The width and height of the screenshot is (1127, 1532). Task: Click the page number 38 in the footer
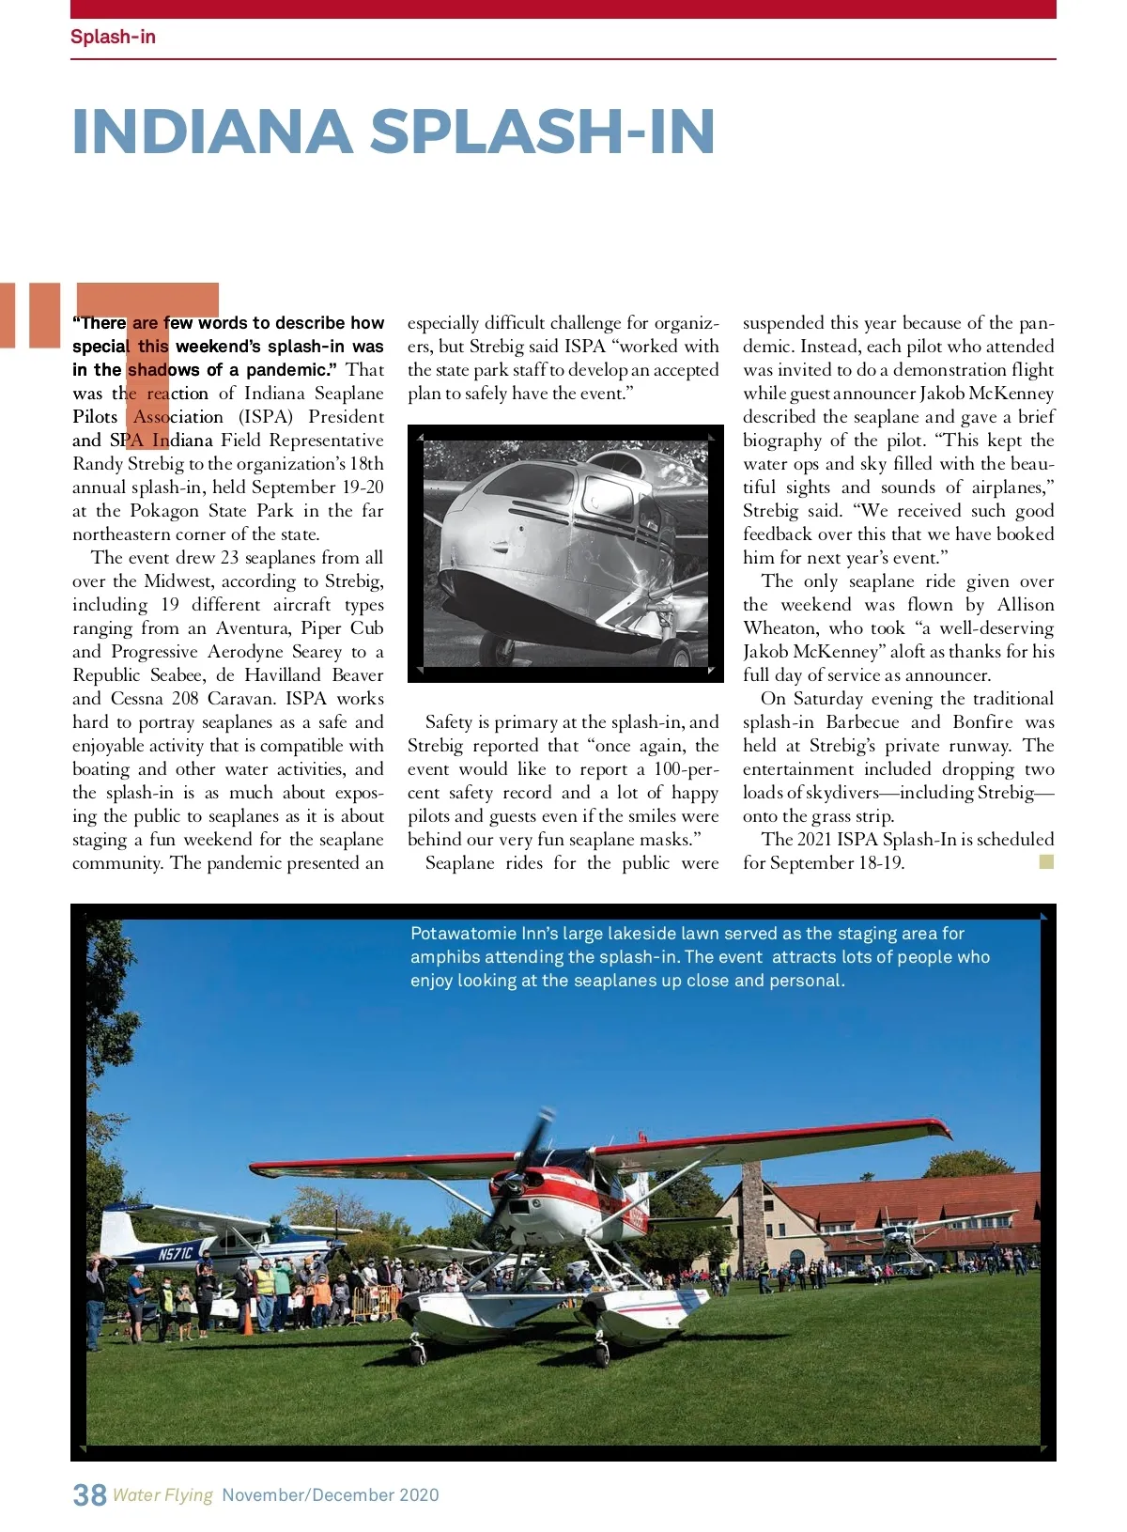coord(89,1494)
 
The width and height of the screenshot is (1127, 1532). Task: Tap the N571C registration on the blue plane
coord(175,1254)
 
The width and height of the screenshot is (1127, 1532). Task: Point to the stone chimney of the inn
coord(752,1216)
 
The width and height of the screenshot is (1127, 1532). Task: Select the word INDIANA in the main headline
coord(211,132)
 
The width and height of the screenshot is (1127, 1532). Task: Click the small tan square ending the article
coord(1046,861)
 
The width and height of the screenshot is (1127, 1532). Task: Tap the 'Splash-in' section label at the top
coord(113,37)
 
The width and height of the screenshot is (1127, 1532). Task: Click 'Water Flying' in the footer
coord(162,1494)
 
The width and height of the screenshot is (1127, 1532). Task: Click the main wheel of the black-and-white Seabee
coord(674,651)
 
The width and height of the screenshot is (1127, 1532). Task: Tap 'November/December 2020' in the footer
coord(331,1494)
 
